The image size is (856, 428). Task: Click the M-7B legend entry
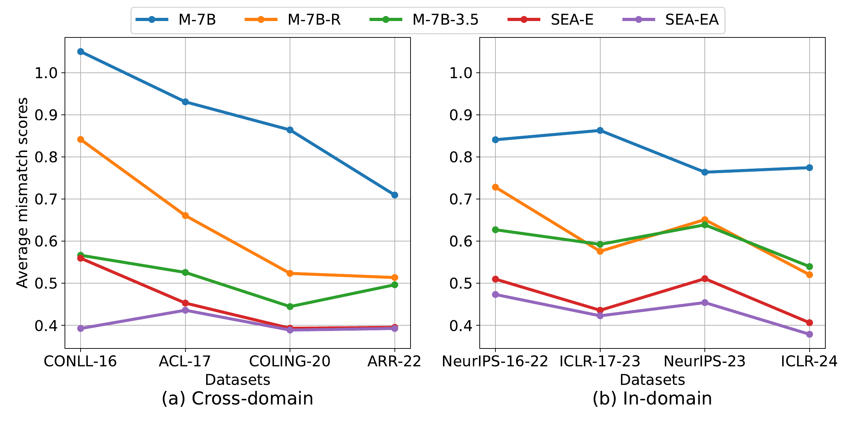pos(197,20)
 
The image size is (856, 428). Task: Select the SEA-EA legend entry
pos(691,20)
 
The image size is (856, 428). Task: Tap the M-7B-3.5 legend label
pos(445,20)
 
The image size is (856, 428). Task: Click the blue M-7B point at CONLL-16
pos(81,52)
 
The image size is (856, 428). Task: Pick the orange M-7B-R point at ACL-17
pos(185,215)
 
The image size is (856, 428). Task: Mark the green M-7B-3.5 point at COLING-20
pos(290,306)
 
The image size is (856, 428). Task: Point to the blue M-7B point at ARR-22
pos(394,195)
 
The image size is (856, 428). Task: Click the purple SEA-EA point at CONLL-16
pos(81,328)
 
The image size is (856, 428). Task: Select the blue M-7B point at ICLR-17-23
pos(600,131)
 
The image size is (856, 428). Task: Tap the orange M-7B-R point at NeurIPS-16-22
pos(495,187)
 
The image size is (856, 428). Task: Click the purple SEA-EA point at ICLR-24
pos(809,334)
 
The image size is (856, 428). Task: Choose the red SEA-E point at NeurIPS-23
pos(705,279)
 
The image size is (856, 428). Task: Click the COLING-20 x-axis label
pos(290,362)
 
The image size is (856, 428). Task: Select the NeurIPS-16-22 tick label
pos(495,362)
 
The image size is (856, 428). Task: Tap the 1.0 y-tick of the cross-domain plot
pos(46,73)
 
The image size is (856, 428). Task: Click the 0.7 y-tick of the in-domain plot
pos(461,199)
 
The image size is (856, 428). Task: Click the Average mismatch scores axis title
pos(22,193)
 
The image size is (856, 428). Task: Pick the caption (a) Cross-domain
pos(238,399)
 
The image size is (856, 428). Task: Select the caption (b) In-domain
pos(652,399)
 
